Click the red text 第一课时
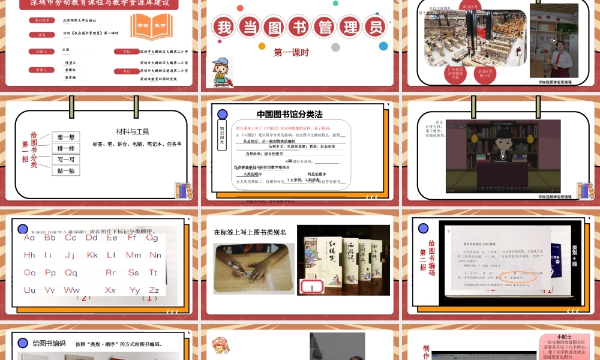point(291,53)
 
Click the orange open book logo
point(151,28)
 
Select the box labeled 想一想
point(66,137)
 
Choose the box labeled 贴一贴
point(66,171)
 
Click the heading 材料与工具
point(133,131)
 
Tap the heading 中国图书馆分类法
point(290,114)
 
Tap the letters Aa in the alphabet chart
point(30,238)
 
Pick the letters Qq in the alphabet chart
point(71,272)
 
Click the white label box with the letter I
point(312,287)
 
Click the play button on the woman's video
point(554,41)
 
